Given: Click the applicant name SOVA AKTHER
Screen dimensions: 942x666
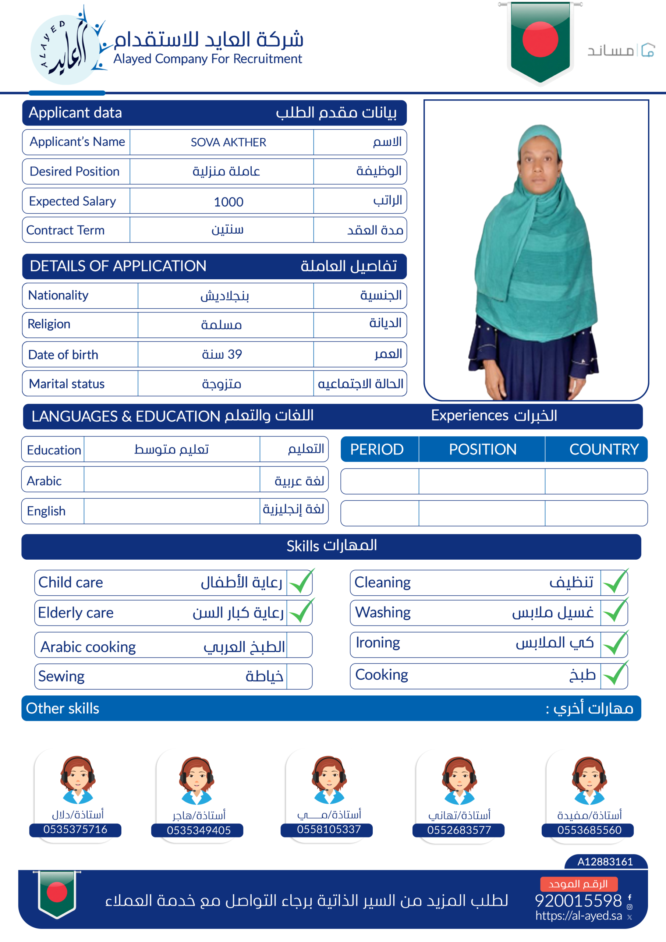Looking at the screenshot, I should pyautogui.click(x=228, y=142).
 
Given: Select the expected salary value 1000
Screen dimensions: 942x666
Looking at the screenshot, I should pyautogui.click(x=229, y=202).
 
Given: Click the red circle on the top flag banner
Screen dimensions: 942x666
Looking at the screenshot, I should pyautogui.click(x=540, y=39).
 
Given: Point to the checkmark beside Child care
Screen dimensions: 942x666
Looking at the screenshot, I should pyautogui.click(x=300, y=582).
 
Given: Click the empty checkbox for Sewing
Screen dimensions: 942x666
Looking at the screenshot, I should pyautogui.click(x=299, y=676).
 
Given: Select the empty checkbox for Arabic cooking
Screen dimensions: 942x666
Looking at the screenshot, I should pyautogui.click(x=299, y=645).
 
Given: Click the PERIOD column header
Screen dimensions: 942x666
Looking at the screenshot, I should pyautogui.click(x=377, y=449).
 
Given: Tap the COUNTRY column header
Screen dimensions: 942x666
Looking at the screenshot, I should pyautogui.click(x=603, y=449).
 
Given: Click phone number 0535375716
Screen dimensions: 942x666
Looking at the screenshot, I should pyautogui.click(x=75, y=829).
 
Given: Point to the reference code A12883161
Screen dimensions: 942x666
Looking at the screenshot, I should pyautogui.click(x=605, y=861).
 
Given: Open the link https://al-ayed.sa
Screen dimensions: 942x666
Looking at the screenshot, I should pyautogui.click(x=578, y=916).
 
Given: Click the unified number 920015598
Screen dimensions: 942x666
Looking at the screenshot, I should pyautogui.click(x=578, y=900).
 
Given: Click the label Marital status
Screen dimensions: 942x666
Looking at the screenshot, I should pyautogui.click(x=67, y=384).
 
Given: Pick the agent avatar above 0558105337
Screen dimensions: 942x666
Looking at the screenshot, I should pyautogui.click(x=329, y=779).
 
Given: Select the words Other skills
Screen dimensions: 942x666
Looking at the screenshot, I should pyautogui.click(x=63, y=709).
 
